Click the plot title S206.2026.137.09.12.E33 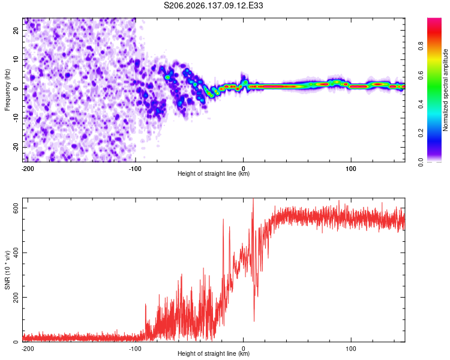click(x=213, y=5)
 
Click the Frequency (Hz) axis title click(x=7, y=90)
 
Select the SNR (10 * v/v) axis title click(x=7, y=270)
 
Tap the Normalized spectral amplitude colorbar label click(x=445, y=90)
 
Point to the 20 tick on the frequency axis click(x=16, y=30)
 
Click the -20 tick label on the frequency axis click(x=16, y=148)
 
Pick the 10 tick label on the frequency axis click(x=16, y=59)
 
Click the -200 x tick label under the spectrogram click(x=28, y=169)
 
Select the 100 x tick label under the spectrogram click(x=351, y=169)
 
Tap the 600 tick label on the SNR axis click(x=16, y=208)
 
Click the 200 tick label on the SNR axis click(x=16, y=297)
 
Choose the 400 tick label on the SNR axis click(x=16, y=253)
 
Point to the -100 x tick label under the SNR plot click(x=135, y=349)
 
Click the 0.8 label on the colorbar click(x=421, y=46)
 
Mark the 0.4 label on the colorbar click(x=421, y=104)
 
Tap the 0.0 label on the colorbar click(x=421, y=162)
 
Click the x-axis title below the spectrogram click(x=214, y=173)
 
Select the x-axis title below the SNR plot click(x=214, y=353)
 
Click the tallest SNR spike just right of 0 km click(x=253, y=199)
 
